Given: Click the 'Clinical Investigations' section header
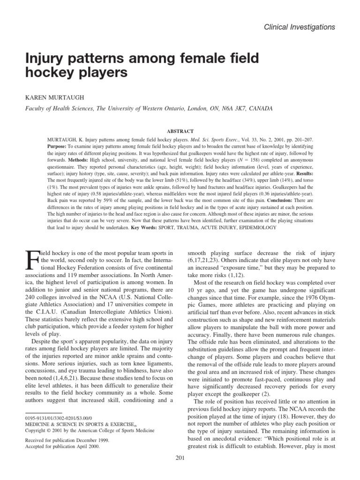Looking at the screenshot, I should pyautogui.click(x=300, y=27).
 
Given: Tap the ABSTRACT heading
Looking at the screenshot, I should pyautogui.click(x=180, y=132).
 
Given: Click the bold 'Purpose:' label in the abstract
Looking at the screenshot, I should pyautogui.click(x=59, y=146).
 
